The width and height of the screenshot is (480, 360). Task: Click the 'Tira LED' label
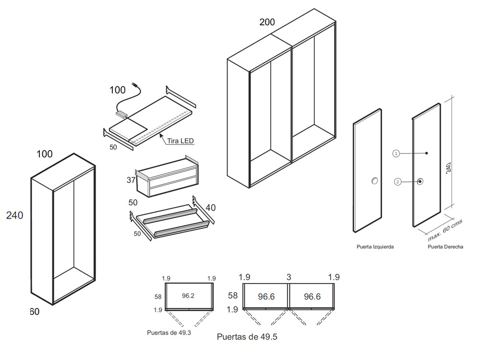[x=181, y=141]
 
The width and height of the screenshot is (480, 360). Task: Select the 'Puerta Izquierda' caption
[x=375, y=247]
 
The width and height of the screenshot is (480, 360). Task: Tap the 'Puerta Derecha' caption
[x=445, y=247]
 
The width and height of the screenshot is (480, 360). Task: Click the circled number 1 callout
[x=396, y=154]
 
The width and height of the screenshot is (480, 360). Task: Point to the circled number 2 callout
[x=397, y=181]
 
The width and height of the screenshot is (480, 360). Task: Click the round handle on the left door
[x=374, y=180]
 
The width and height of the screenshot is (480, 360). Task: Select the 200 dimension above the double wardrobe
[x=267, y=22]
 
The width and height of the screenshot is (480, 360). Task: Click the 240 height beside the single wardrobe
[x=14, y=216]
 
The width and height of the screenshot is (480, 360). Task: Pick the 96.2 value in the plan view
[x=188, y=296]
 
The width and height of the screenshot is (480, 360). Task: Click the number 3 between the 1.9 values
[x=288, y=277]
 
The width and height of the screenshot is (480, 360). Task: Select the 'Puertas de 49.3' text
[x=169, y=332]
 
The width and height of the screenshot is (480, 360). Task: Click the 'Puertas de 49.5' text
[x=247, y=337]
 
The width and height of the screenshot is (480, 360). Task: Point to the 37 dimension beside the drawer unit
[x=130, y=180]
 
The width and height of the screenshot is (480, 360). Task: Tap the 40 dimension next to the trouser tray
[x=211, y=207]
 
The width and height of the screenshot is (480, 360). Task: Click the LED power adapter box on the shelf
[x=121, y=114]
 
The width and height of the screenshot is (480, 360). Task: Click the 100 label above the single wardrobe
[x=45, y=154]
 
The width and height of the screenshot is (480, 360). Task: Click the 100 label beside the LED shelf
[x=118, y=90]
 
